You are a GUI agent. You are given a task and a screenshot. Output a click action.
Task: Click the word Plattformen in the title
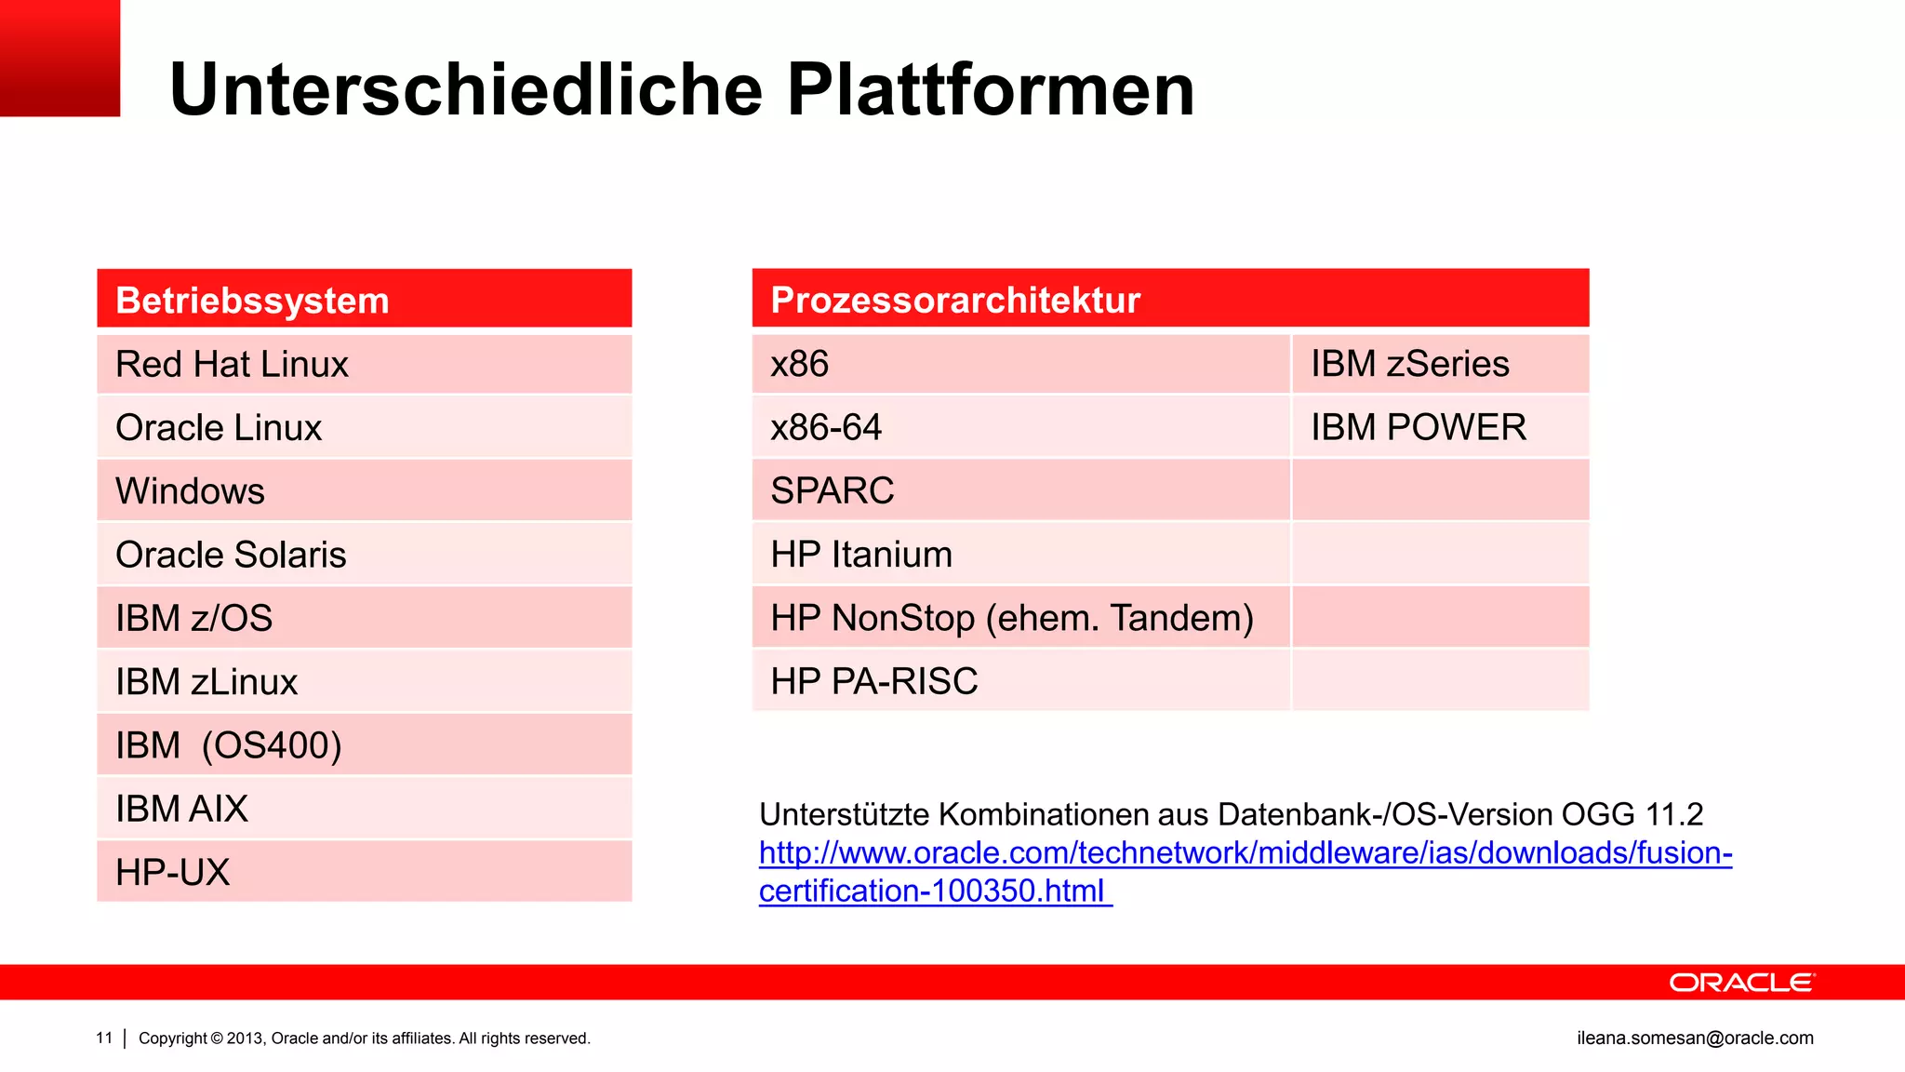[990, 90]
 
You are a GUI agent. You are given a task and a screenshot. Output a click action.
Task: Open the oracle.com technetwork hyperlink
[1245, 853]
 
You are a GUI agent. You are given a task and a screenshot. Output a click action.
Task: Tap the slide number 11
[104, 1038]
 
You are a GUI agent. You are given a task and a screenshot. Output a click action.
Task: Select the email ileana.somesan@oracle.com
[1695, 1038]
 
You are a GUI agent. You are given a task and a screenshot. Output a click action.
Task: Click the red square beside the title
[60, 58]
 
